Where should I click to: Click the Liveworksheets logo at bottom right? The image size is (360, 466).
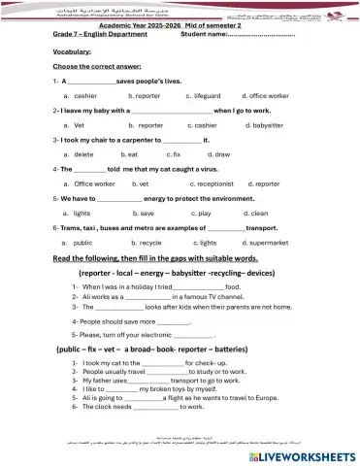click(x=307, y=454)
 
